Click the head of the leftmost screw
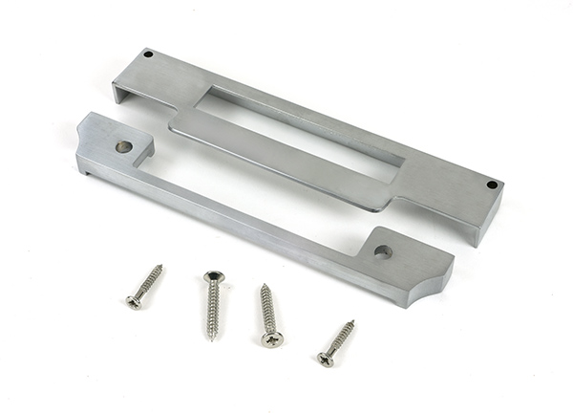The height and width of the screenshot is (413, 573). click(x=135, y=302)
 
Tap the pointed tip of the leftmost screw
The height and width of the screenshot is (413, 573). click(x=160, y=266)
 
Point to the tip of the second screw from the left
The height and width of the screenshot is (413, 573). click(x=211, y=338)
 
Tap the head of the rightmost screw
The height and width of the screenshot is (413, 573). click(x=326, y=359)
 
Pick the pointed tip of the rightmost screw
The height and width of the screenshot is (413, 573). click(x=353, y=322)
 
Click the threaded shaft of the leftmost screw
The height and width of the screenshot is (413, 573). click(x=148, y=284)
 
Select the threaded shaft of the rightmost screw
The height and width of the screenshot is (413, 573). click(x=340, y=340)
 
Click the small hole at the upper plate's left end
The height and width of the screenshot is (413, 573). click(x=148, y=54)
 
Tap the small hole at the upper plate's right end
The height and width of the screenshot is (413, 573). click(x=492, y=185)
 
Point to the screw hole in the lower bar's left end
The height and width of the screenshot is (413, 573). click(x=123, y=146)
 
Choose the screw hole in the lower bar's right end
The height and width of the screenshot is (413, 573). click(x=382, y=252)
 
